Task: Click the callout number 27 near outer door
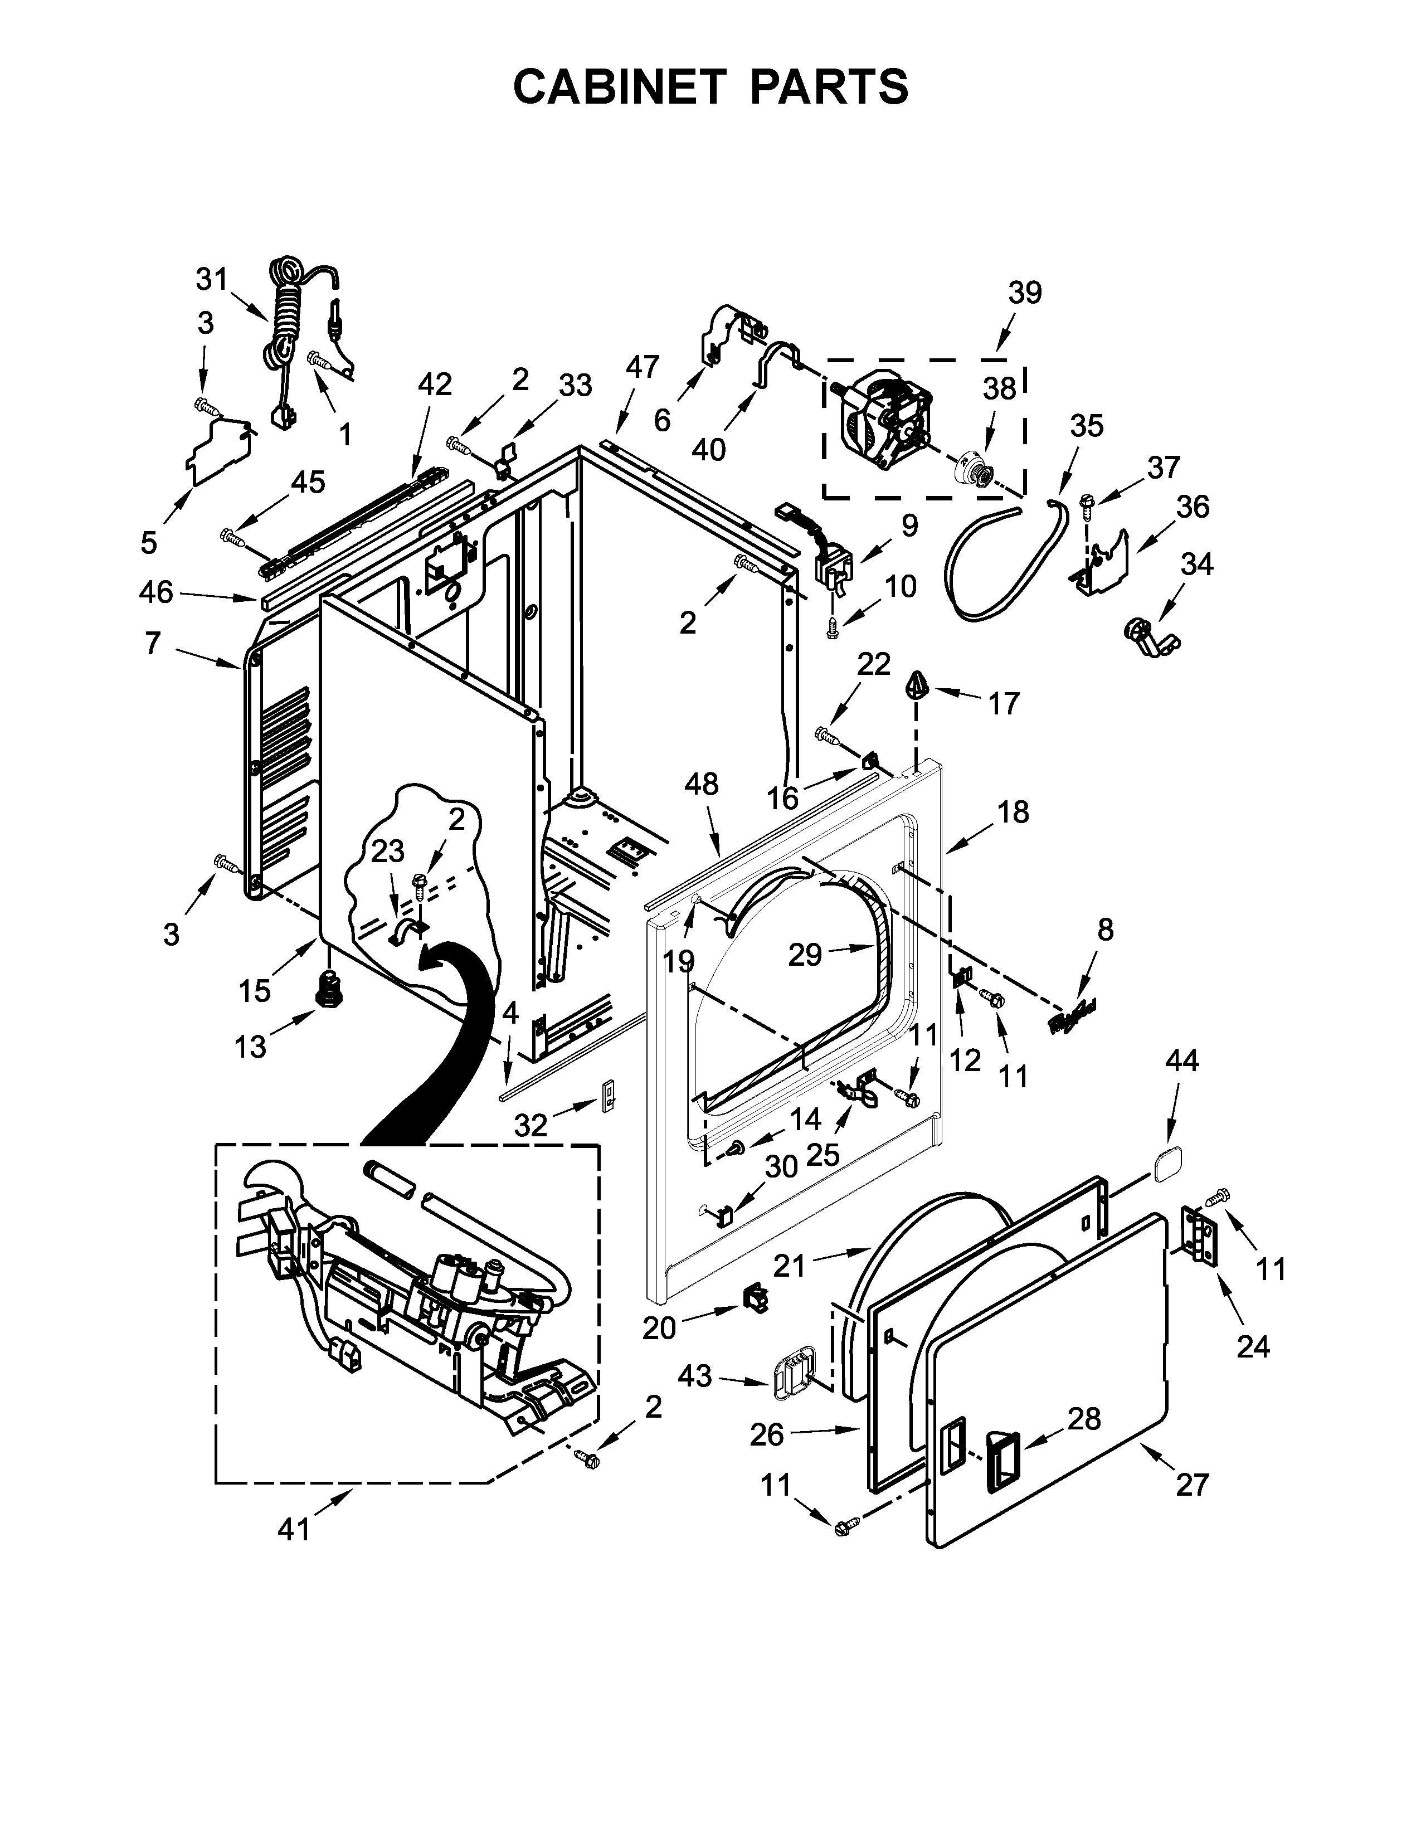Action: click(1192, 1485)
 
